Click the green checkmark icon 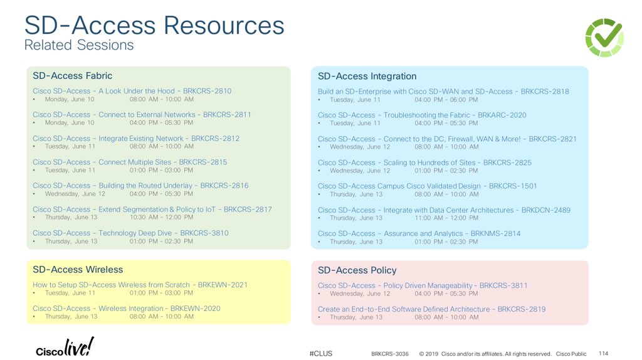pos(604,38)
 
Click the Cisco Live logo pos(65,347)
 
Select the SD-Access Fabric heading pos(72,76)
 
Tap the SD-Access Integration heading pos(367,77)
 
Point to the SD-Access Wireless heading pos(78,270)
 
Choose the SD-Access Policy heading pos(357,270)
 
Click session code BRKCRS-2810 pos(207,92)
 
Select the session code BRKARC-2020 pos(502,115)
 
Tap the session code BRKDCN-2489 pos(545,210)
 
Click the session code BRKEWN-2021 pos(223,285)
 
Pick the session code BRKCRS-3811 pos(503,285)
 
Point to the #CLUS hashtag pos(321,354)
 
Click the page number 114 pos(604,353)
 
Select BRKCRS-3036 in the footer pos(389,354)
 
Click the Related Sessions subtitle pos(79,45)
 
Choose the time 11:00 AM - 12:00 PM pos(446,218)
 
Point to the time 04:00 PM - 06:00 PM pos(446,100)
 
